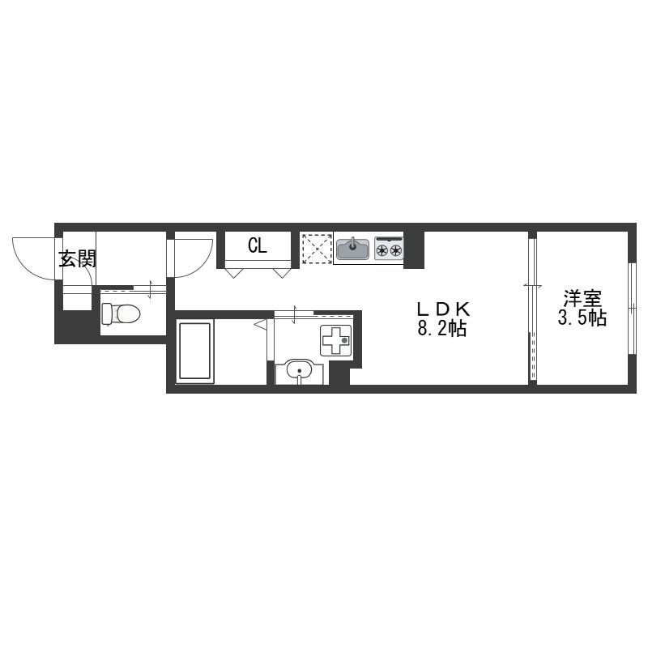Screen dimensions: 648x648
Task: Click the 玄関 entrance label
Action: click(x=77, y=259)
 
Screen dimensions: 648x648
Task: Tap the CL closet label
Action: click(x=258, y=246)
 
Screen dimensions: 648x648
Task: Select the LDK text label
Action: click(x=443, y=309)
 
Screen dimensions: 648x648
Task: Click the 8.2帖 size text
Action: click(x=442, y=329)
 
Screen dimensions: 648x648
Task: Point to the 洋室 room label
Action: click(x=582, y=299)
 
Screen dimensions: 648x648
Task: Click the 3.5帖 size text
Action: click(x=582, y=318)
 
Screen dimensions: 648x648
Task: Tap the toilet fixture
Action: click(x=121, y=313)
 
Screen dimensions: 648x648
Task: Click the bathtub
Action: click(x=194, y=351)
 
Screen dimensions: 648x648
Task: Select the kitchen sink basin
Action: click(x=352, y=249)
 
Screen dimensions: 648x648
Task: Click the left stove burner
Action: click(x=382, y=249)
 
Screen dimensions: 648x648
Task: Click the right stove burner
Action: click(x=396, y=249)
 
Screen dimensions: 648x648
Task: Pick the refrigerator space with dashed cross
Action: click(x=317, y=249)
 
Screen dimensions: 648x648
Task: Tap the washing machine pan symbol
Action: click(x=336, y=340)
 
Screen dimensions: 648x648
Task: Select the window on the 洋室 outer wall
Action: click(x=632, y=309)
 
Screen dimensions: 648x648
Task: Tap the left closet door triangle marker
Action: click(x=233, y=273)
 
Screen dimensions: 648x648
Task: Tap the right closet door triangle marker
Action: click(x=281, y=273)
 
